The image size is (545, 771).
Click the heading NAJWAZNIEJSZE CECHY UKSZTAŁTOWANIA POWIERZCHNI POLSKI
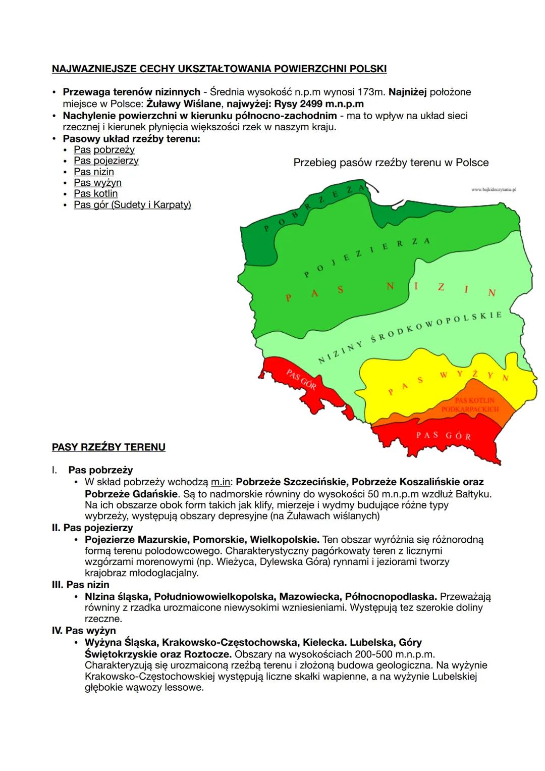(x=219, y=68)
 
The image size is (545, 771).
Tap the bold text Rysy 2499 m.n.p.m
(x=318, y=104)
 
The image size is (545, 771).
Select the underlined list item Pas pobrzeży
(x=104, y=149)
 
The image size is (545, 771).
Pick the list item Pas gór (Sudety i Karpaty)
(x=132, y=204)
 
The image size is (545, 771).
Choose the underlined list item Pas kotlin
(x=95, y=193)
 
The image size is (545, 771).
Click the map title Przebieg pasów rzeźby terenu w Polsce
(x=391, y=163)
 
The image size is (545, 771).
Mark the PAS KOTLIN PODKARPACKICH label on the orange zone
(x=470, y=404)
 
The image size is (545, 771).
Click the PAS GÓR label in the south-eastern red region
(x=444, y=435)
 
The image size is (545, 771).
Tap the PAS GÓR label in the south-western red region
(x=301, y=379)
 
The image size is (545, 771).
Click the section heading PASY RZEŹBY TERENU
(x=108, y=447)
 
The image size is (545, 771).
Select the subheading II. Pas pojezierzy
(x=92, y=528)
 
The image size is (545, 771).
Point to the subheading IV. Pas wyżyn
(x=84, y=630)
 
